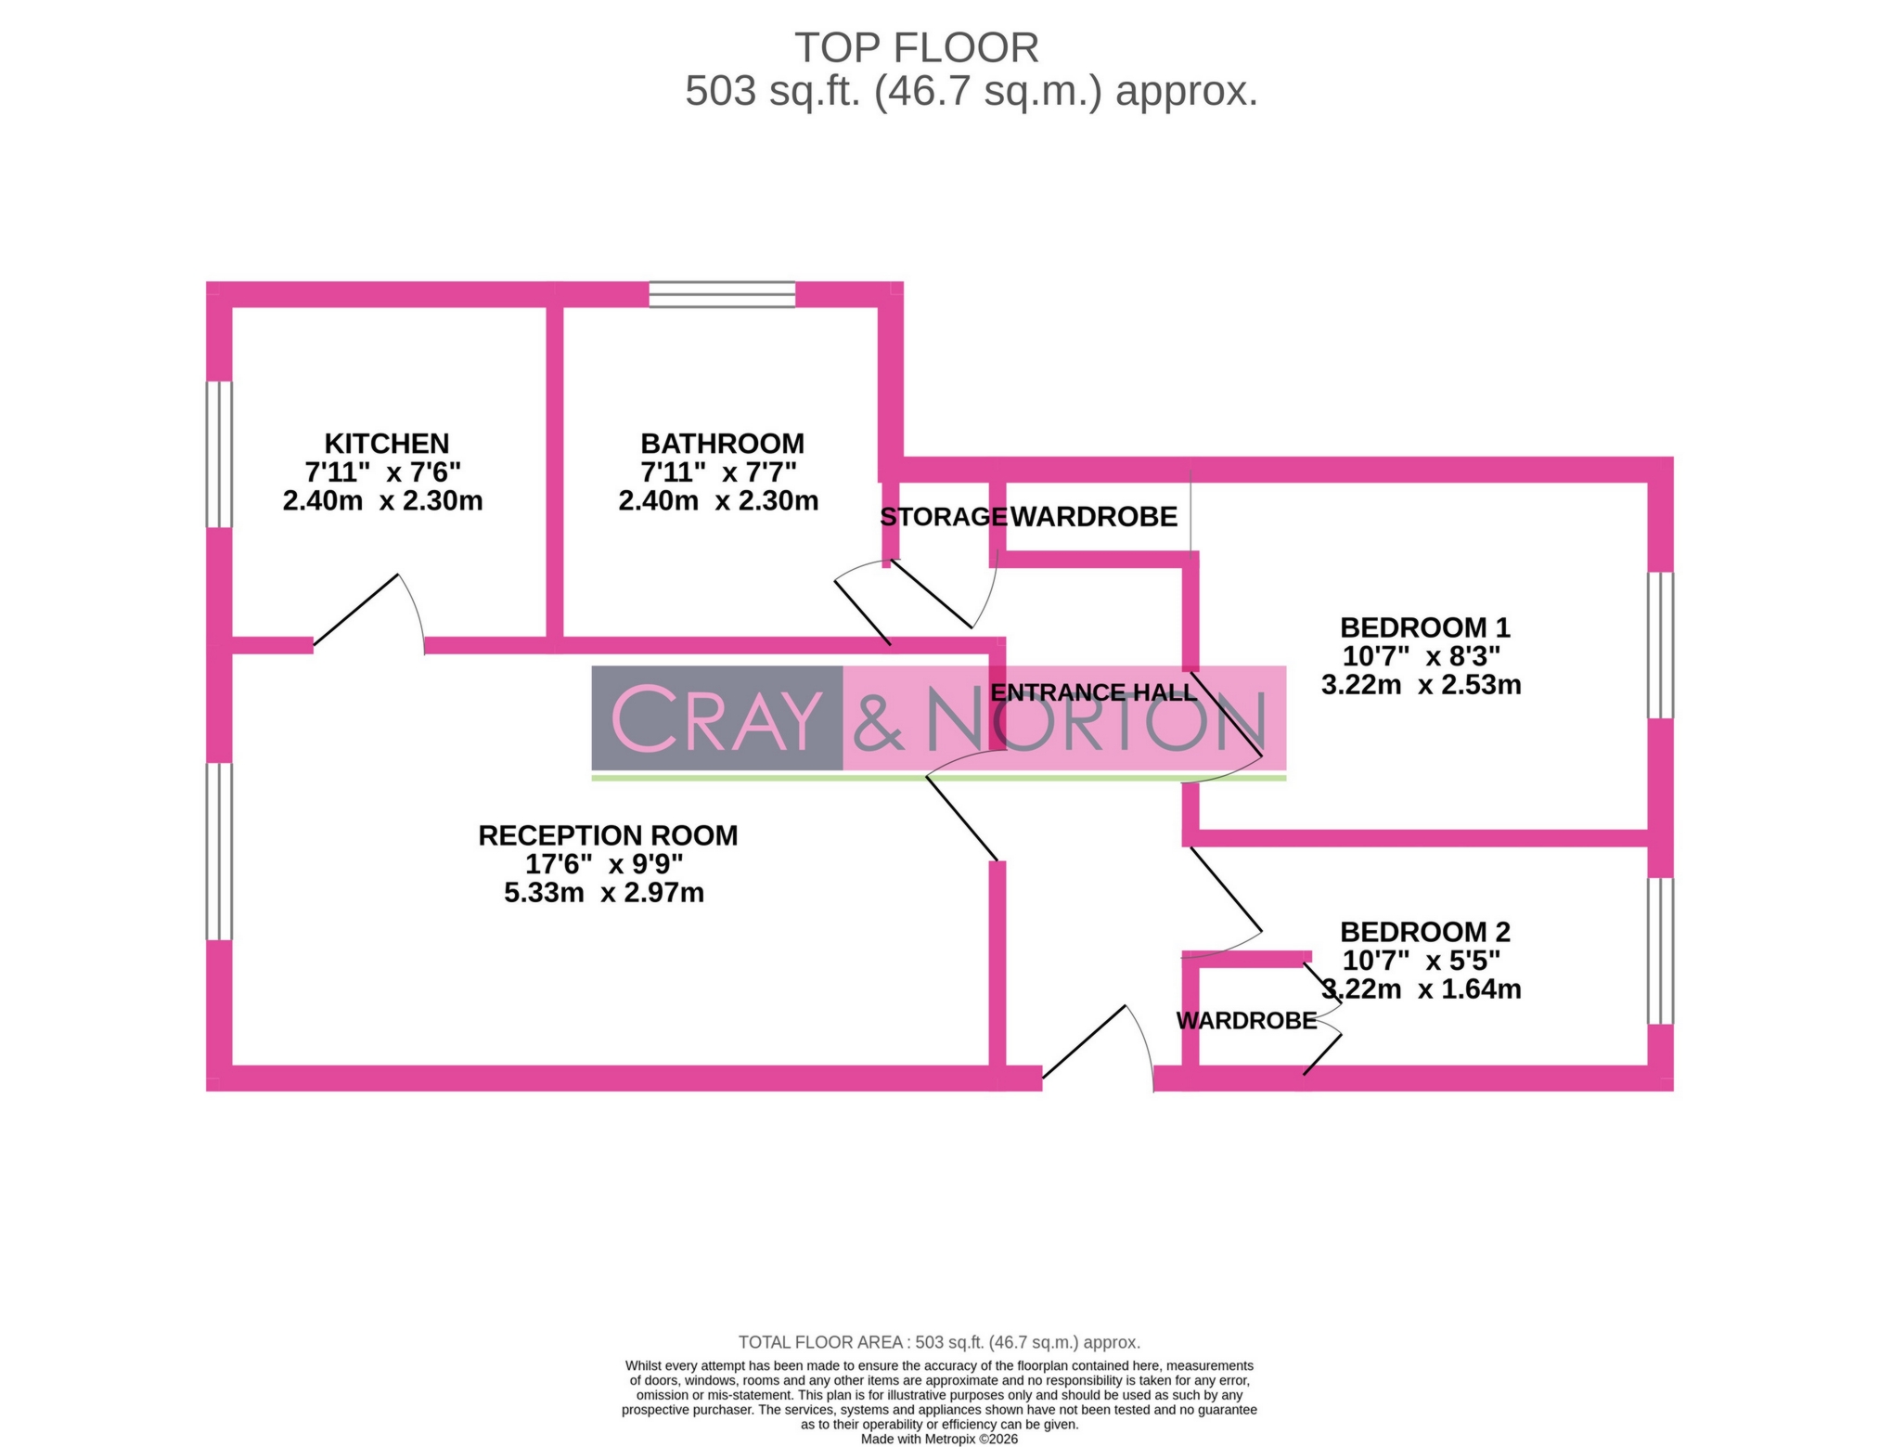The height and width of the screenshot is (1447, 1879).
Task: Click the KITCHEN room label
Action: pos(386,444)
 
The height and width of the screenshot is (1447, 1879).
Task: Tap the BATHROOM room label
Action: pos(722,444)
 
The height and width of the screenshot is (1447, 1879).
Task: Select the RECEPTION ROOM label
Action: pos(608,835)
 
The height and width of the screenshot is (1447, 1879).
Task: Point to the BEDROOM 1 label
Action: pos(1424,627)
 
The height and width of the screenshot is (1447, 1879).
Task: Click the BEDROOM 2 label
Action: pos(1424,932)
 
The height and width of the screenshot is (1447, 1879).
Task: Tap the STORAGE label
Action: pos(942,517)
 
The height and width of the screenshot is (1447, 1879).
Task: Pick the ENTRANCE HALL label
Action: pos(1093,692)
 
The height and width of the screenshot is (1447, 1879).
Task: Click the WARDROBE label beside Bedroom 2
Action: pos(1246,1021)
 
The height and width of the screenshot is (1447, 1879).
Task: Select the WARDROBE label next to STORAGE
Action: pos(1093,517)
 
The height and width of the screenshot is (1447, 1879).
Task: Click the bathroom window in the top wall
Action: pos(722,294)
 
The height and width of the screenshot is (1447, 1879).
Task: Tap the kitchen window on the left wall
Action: pos(219,454)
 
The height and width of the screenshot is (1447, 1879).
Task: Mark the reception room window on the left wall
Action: pos(219,851)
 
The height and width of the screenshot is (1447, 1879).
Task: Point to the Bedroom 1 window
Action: pos(1660,645)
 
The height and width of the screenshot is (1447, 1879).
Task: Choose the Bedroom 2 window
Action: pos(1660,950)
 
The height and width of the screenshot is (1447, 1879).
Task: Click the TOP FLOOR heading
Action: pos(916,48)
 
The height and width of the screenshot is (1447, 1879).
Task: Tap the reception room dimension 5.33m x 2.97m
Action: pos(604,893)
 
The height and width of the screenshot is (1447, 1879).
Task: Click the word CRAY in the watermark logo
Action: pos(716,718)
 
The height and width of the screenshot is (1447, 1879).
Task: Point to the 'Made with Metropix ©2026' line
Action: pos(939,1440)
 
